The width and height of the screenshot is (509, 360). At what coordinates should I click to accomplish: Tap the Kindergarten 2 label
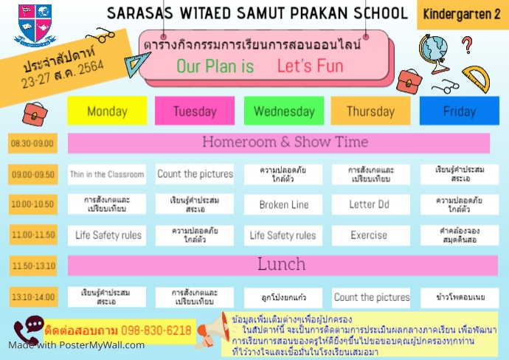(463, 14)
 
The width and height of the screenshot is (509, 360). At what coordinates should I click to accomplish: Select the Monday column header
(107, 111)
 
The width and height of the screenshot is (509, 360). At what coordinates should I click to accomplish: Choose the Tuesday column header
(195, 111)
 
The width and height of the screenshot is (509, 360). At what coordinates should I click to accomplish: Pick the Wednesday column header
(283, 111)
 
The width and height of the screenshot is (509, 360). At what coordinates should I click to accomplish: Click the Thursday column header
(370, 111)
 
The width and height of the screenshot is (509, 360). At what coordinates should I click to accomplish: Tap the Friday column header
(459, 111)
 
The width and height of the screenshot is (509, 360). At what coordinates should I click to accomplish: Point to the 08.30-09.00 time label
(33, 143)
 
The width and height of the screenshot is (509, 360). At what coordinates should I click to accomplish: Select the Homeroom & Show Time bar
(279, 142)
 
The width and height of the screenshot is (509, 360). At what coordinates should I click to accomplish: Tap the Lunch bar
(279, 265)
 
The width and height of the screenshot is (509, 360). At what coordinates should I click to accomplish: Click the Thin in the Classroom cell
(107, 175)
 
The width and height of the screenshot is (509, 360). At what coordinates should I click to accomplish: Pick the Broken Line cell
(283, 204)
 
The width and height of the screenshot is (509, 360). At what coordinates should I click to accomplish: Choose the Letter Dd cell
(370, 204)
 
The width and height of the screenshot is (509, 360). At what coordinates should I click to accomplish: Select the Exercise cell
(370, 235)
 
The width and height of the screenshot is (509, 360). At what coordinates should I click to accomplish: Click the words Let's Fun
(311, 66)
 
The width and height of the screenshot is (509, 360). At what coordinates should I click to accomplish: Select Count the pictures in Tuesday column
(195, 175)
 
